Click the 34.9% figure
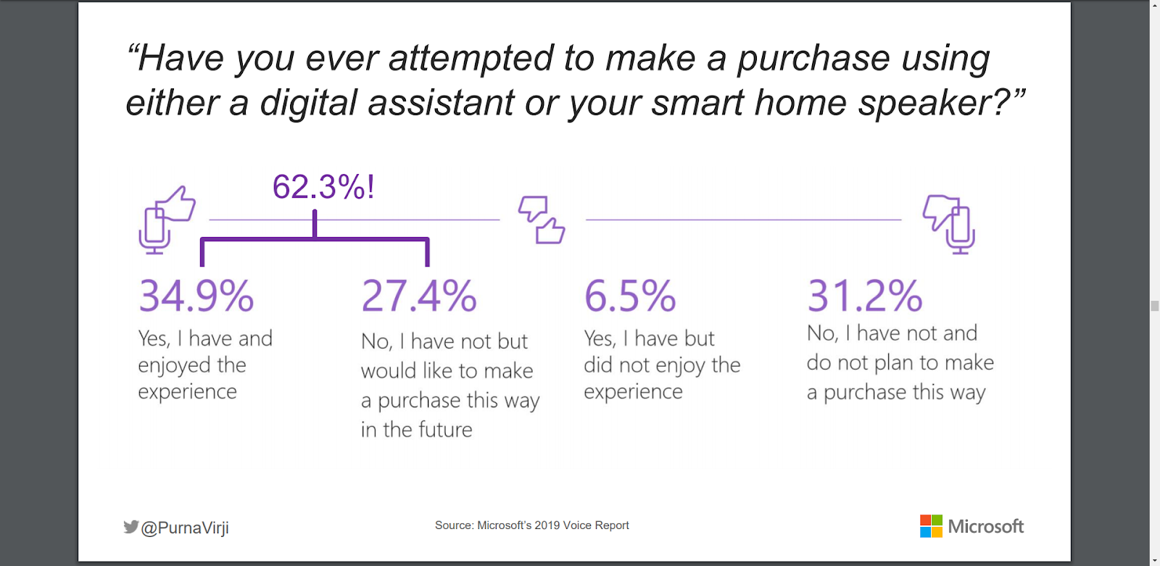point(196,296)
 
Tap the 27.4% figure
point(419,296)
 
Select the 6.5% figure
point(630,296)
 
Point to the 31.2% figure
point(865,296)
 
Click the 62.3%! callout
point(323,187)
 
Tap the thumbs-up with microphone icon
point(167,220)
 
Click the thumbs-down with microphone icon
point(949,223)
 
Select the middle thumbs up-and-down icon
point(542,220)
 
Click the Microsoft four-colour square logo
point(931,526)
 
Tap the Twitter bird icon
point(131,527)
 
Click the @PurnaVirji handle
point(185,528)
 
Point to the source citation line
point(531,525)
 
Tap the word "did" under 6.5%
point(598,365)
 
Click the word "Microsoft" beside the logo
point(985,527)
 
